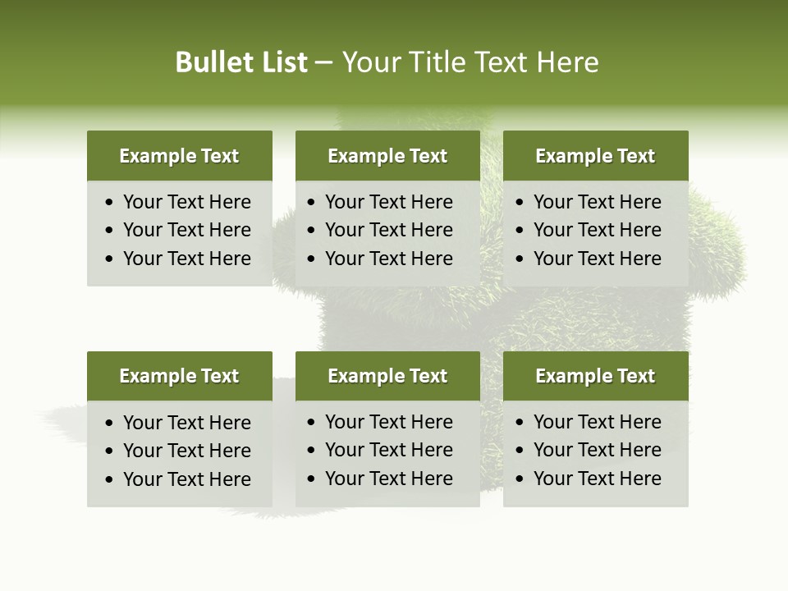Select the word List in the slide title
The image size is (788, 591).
coord(281,62)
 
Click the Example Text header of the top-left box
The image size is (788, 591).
coord(179,156)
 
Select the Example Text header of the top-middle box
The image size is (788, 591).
coord(387,156)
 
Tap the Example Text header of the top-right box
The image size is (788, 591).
coord(595,156)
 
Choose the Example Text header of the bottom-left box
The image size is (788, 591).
coord(179,376)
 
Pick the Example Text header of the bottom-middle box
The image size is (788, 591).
coord(387,376)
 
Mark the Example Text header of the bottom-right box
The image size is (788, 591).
coord(595,376)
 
